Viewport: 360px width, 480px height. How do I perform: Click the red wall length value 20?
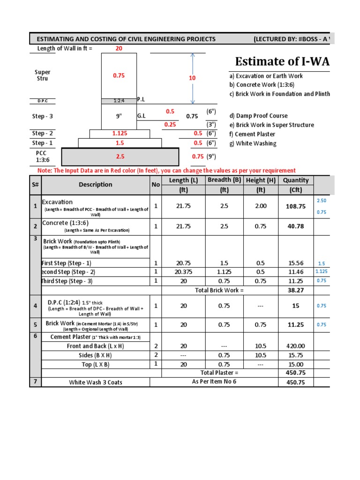119,48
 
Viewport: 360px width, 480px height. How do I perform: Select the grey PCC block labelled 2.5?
120,157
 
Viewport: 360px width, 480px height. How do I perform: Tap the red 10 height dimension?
192,78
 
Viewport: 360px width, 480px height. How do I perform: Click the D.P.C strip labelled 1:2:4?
119,101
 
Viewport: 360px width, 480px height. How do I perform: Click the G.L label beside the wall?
142,115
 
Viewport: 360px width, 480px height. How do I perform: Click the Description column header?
96,185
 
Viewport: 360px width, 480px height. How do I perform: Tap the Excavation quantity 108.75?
296,206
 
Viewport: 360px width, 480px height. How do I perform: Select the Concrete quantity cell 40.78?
296,226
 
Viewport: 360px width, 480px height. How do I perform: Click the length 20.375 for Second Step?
183,272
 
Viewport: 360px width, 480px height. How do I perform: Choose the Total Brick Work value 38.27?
296,290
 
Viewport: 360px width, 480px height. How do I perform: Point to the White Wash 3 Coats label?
96,382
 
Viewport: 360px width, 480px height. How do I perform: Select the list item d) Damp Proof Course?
258,116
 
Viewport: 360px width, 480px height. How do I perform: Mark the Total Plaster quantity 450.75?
296,373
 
